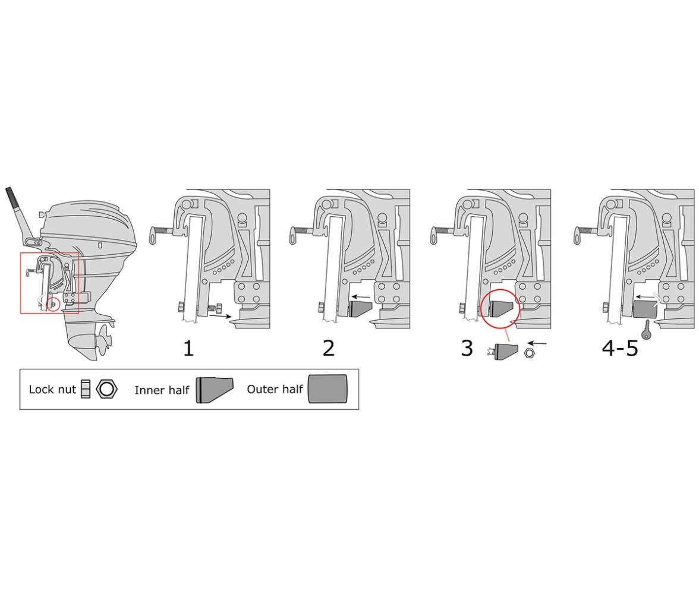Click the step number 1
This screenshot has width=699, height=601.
(x=188, y=348)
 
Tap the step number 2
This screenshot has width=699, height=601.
(x=329, y=348)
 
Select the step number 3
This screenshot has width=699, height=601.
(x=467, y=348)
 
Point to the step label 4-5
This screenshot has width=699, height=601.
(x=620, y=348)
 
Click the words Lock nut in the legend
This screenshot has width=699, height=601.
(x=52, y=390)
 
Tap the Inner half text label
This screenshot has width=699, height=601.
(x=162, y=390)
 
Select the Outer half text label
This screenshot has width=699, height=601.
(x=275, y=390)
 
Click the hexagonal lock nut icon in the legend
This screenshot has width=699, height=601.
(x=106, y=389)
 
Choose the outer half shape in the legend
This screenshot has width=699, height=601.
(x=328, y=389)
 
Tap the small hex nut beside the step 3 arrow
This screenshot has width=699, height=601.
(x=529, y=353)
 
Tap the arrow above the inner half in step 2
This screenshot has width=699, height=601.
(x=361, y=296)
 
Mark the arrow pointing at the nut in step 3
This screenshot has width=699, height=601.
(x=537, y=343)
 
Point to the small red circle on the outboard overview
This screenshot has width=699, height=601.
(x=53, y=304)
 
